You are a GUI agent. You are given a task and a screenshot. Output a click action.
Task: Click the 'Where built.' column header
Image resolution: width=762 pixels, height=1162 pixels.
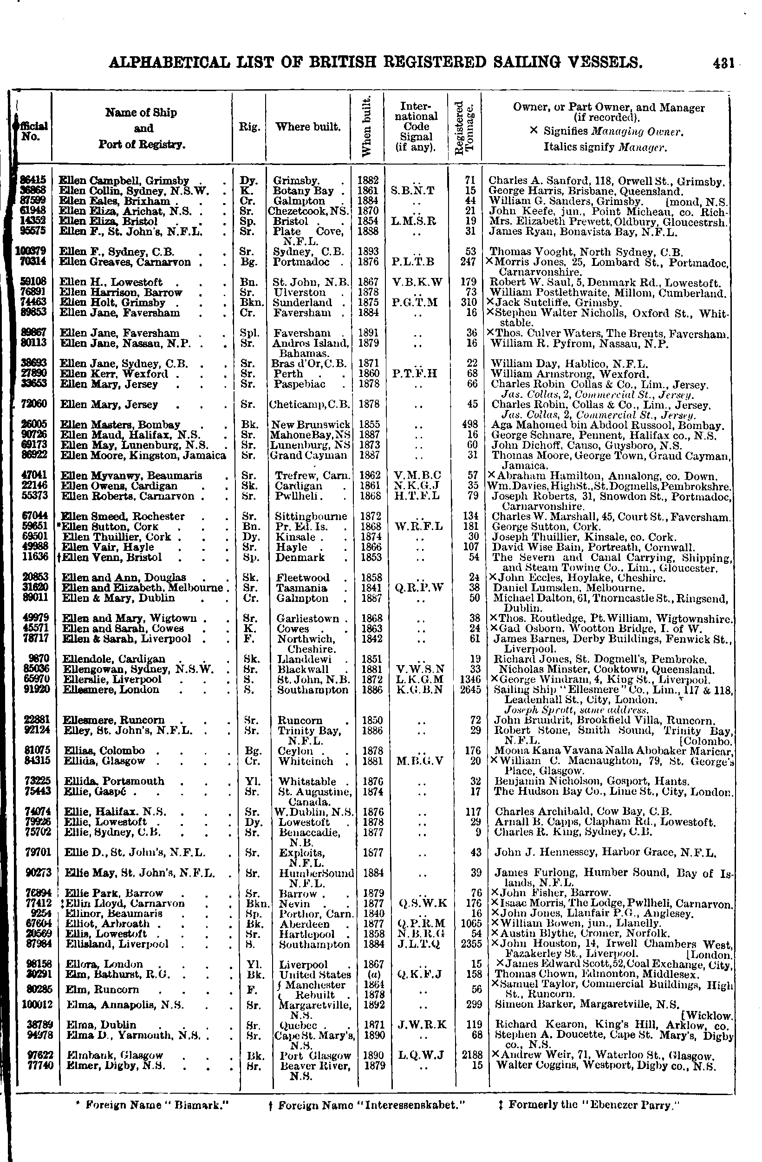308,127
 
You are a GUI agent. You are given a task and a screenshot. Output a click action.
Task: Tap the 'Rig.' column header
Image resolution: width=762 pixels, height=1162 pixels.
249,127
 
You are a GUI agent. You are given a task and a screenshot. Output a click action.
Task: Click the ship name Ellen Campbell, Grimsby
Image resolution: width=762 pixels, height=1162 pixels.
124,181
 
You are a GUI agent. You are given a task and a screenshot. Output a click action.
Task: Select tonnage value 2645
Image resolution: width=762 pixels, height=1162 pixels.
471,689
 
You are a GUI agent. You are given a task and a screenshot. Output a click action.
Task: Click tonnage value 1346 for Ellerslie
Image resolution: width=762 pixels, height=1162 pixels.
471,679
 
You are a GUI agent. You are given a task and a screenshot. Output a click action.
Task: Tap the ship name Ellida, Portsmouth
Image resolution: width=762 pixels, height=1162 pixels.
114,781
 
